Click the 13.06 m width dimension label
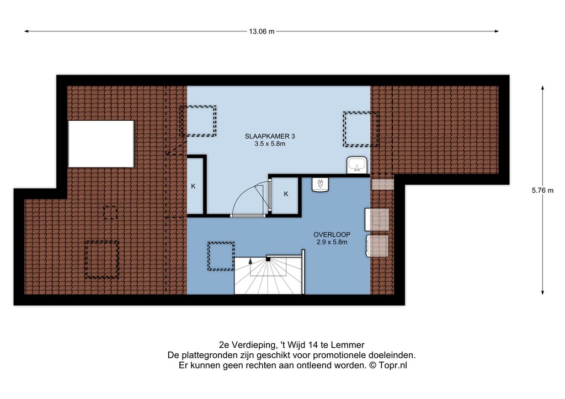(262, 31)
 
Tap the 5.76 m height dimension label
(542, 190)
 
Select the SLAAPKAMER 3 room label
(270, 136)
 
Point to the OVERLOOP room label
(332, 235)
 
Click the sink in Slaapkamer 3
(357, 165)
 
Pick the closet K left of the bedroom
(195, 186)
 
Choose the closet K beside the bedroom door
(285, 195)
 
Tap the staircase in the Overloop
(269, 275)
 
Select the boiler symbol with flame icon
(321, 185)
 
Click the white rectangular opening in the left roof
(102, 143)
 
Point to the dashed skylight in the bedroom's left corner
(198, 121)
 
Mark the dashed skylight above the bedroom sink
(361, 129)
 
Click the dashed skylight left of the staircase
(221, 256)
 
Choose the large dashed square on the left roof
(102, 260)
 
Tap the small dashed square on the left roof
(110, 213)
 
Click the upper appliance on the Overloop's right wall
(377, 219)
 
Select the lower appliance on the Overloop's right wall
(377, 246)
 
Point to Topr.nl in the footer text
(393, 365)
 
